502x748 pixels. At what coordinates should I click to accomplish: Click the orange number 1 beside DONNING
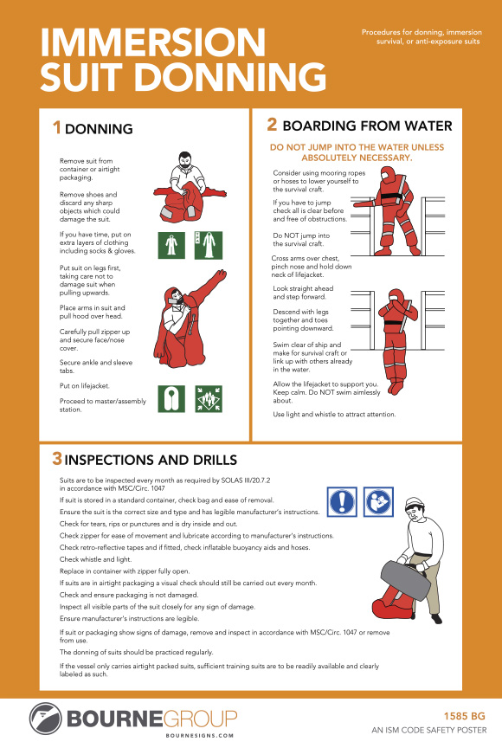[x=57, y=128]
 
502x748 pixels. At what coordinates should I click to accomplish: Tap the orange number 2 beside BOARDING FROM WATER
[x=272, y=124]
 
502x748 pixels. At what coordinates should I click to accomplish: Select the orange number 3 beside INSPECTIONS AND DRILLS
[x=56, y=457]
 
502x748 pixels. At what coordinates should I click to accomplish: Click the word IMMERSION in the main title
[x=153, y=42]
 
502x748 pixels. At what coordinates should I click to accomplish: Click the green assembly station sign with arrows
[x=209, y=398]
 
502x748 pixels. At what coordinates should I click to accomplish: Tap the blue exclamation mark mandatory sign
[x=342, y=501]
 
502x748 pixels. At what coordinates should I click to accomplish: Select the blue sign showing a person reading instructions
[x=376, y=501]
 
